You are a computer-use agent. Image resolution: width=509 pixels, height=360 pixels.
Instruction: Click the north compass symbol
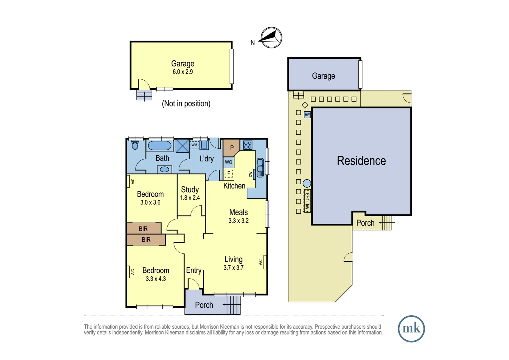click(271, 38)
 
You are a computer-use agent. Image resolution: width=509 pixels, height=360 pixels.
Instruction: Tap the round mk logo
click(411, 329)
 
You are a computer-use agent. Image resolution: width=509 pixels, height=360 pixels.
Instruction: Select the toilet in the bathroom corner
click(135, 145)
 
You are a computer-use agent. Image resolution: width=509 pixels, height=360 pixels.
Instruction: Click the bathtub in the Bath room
click(160, 146)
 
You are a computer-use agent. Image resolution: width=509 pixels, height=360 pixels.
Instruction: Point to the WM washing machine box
click(194, 145)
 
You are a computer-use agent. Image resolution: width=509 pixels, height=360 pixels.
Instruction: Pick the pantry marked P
click(232, 148)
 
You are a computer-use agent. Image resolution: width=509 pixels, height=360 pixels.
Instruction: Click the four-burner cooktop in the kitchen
click(248, 145)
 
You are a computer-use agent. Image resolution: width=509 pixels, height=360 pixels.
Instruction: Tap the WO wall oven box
click(229, 162)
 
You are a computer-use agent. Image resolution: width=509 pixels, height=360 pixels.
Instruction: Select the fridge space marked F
click(229, 173)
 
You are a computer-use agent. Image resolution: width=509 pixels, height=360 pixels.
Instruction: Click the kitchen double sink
click(260, 167)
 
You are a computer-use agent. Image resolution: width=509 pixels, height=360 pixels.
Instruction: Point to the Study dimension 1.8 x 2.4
click(190, 198)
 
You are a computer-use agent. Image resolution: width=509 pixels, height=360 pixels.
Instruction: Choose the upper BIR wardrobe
click(144, 228)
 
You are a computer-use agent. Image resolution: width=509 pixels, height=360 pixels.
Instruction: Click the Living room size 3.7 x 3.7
click(234, 268)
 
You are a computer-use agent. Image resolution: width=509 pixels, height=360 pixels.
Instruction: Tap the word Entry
click(194, 270)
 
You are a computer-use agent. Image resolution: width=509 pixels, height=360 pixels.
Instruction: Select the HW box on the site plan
click(307, 115)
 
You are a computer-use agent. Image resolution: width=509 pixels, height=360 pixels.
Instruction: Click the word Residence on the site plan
click(361, 161)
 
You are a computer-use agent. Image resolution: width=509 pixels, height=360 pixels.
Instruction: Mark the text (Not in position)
click(186, 104)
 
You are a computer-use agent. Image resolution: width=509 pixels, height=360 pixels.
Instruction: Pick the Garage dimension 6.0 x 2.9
click(183, 72)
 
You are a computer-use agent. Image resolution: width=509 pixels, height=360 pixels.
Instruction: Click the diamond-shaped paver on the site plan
click(305, 105)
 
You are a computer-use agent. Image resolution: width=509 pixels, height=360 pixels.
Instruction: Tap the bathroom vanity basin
click(164, 169)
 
